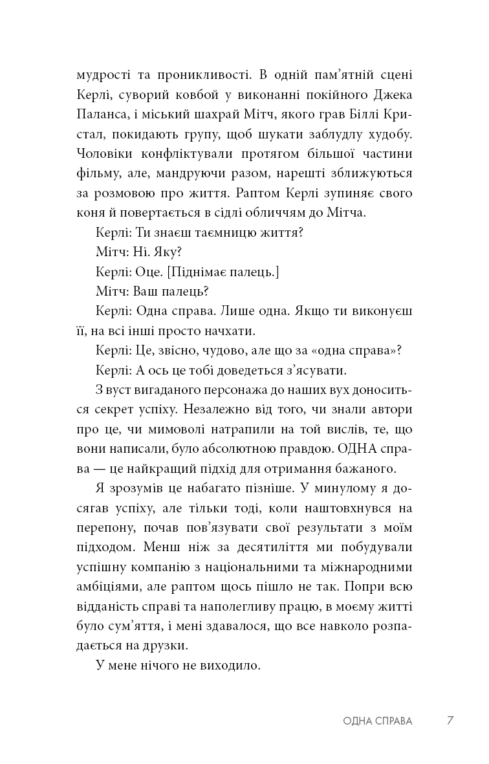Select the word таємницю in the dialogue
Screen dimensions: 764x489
pos(217,234)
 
